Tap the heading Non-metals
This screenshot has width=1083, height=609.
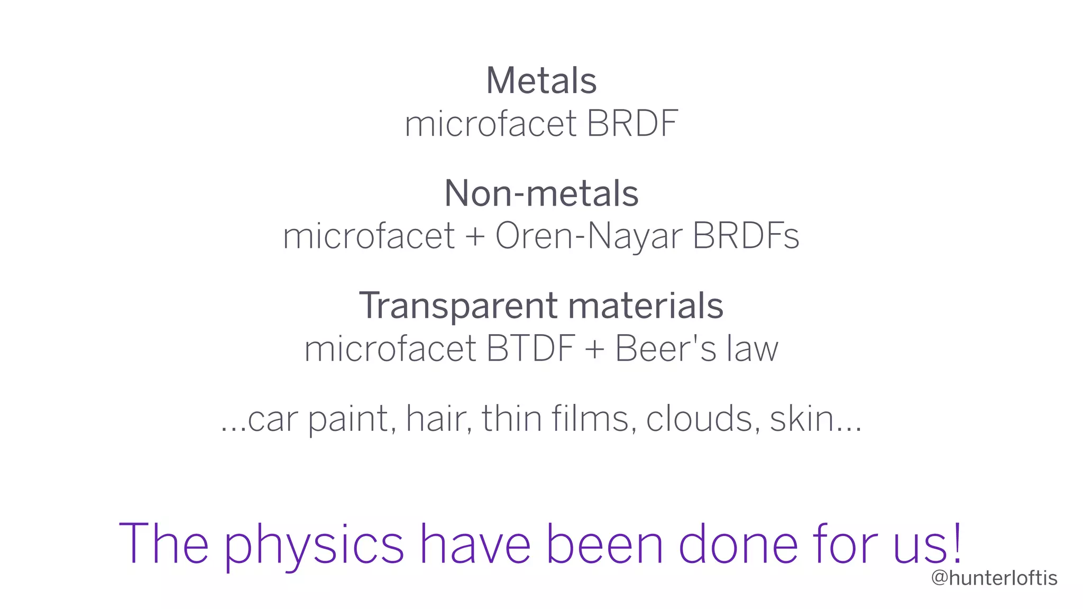(x=541, y=193)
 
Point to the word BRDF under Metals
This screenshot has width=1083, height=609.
(x=632, y=124)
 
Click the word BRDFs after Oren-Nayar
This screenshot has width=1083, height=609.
(x=746, y=236)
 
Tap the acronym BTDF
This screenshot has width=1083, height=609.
(x=530, y=349)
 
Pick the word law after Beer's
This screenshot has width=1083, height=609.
(x=752, y=349)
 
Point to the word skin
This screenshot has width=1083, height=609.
(x=802, y=419)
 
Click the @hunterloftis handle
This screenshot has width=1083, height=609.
(x=994, y=578)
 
